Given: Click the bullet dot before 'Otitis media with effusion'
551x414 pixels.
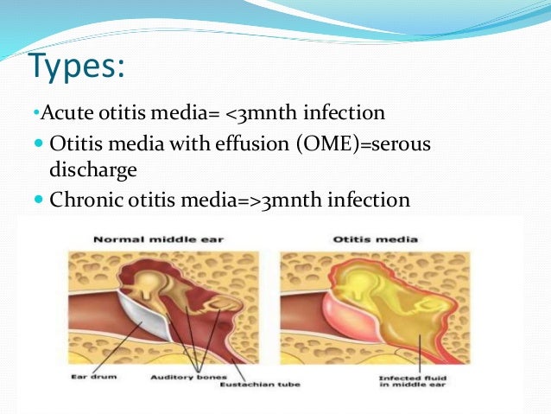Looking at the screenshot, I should (x=38, y=143).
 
